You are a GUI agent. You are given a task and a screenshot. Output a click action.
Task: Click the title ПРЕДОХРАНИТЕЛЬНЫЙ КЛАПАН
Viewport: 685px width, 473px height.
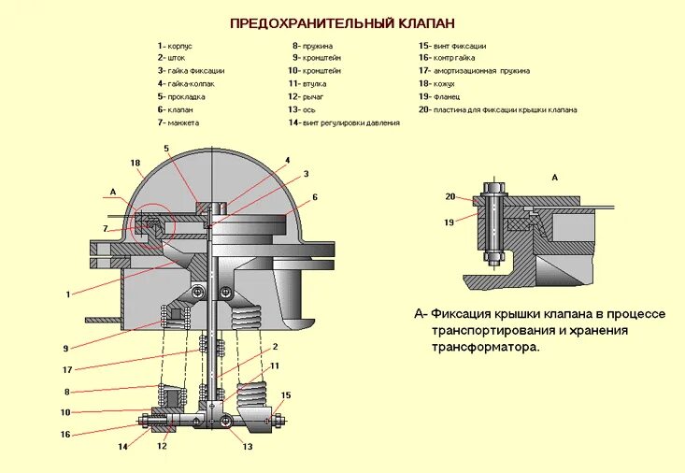click(343, 21)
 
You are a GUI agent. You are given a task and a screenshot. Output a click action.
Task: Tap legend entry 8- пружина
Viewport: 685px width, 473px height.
click(313, 45)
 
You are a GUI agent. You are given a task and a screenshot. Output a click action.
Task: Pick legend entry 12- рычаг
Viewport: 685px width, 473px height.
click(307, 96)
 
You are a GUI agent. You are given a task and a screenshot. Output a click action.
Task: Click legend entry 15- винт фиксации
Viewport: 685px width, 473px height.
click(453, 45)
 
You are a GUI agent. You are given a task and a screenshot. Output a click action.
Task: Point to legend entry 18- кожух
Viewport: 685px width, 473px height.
click(438, 83)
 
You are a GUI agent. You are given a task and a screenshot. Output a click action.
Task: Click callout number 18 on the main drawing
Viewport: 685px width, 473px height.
click(136, 164)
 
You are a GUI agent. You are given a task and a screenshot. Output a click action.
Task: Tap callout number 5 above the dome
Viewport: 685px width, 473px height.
click(166, 149)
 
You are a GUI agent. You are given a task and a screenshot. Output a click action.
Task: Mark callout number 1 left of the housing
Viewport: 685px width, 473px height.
click(68, 294)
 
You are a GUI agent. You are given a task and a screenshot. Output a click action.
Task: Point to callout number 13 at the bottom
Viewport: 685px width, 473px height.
click(248, 447)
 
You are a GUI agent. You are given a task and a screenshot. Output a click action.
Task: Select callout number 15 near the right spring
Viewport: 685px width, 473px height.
click(286, 395)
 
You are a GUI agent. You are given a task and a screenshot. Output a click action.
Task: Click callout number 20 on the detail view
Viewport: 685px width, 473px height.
click(450, 196)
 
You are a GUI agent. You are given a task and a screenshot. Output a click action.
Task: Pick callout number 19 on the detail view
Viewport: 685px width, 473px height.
click(450, 222)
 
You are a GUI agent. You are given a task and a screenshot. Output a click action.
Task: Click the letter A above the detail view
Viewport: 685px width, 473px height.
click(555, 177)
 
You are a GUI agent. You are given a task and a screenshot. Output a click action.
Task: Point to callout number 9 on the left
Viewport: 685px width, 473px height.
click(66, 349)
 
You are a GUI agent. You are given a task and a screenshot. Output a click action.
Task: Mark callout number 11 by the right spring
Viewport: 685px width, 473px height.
click(275, 365)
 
